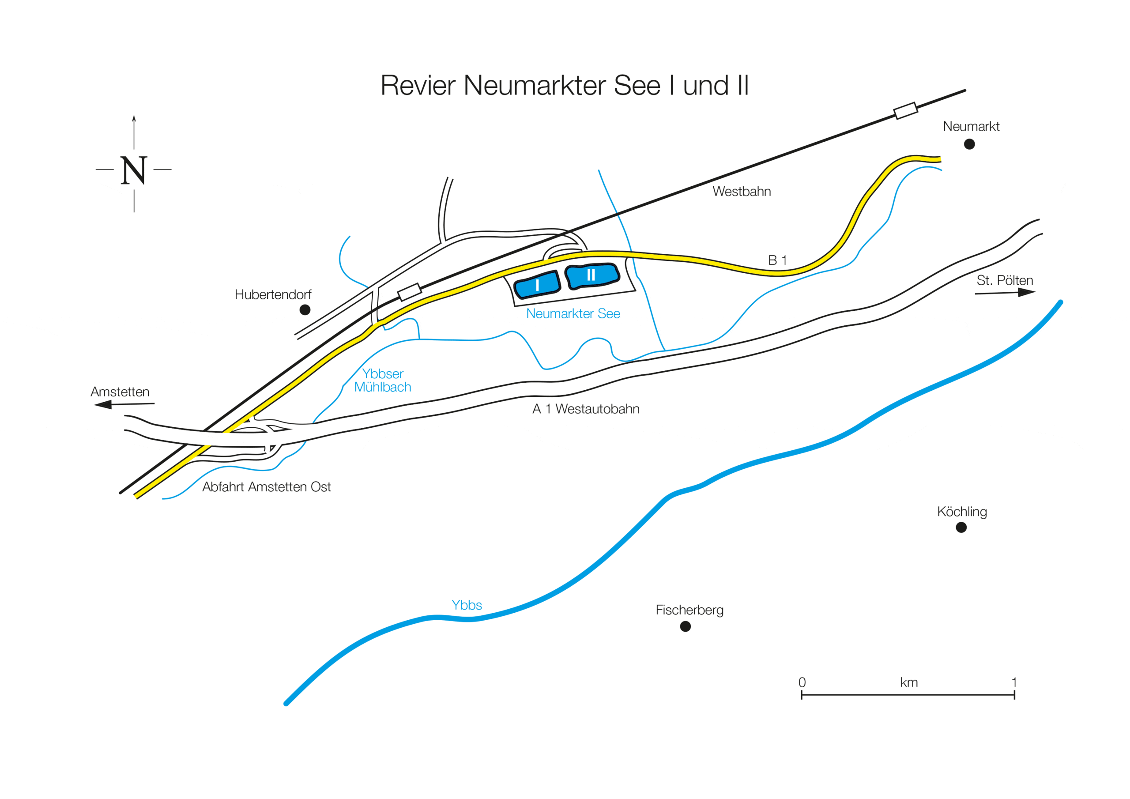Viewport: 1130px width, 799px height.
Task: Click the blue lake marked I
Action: [x=537, y=285]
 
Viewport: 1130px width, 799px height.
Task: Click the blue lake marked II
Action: [x=591, y=276]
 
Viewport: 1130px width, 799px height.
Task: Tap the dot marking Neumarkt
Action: [x=969, y=144]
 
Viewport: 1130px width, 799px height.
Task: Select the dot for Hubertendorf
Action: [x=305, y=309]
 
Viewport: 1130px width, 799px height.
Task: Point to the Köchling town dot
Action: [x=960, y=527]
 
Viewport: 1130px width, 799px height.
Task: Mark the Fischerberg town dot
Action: [x=685, y=626]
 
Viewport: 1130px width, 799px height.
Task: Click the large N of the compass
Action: [x=133, y=170]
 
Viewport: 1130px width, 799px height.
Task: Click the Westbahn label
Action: [x=741, y=192]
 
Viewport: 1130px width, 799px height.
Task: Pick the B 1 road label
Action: [x=777, y=260]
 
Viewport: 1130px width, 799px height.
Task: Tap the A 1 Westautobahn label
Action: [x=586, y=409]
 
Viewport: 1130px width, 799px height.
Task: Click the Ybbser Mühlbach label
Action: [x=382, y=381]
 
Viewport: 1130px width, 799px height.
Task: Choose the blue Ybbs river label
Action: [x=467, y=605]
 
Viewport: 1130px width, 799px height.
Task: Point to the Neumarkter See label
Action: [x=573, y=313]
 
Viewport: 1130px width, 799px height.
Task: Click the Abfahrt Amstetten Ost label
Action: [x=266, y=487]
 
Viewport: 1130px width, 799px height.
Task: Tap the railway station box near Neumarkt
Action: [x=906, y=111]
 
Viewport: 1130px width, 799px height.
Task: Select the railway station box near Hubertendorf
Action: [x=410, y=291]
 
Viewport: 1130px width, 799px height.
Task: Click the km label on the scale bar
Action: [x=908, y=682]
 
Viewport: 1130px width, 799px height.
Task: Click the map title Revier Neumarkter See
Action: [x=565, y=86]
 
